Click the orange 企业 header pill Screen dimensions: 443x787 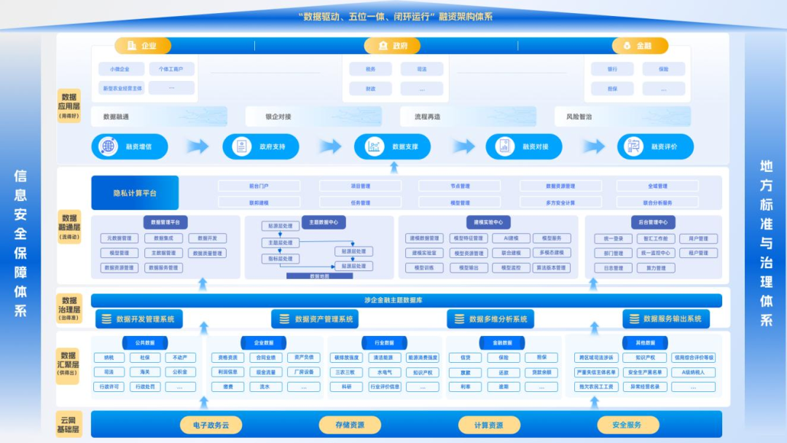tap(143, 46)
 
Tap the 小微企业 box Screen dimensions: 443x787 tap(120, 69)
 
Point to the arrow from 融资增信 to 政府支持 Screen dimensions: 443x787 tap(196, 146)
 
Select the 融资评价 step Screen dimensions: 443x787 tap(655, 146)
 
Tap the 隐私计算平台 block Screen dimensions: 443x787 tap(135, 193)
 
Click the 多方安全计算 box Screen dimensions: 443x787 tap(560, 203)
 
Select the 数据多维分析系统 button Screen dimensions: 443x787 tap(490, 319)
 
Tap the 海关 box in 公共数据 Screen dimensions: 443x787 tap(145, 372)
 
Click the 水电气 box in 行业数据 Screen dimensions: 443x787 tap(385, 372)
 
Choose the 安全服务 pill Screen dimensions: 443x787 tap(627, 425)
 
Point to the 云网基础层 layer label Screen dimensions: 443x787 tap(68, 424)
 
